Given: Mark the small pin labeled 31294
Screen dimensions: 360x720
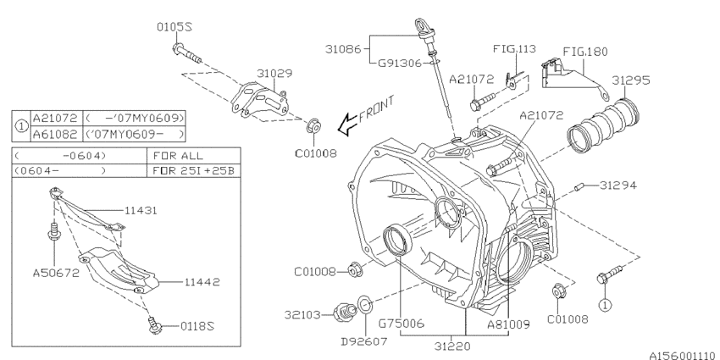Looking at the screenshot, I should click(579, 186).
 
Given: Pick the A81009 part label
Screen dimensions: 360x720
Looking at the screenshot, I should click(507, 323).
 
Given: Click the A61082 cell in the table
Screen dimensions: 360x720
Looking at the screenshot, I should click(53, 134).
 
